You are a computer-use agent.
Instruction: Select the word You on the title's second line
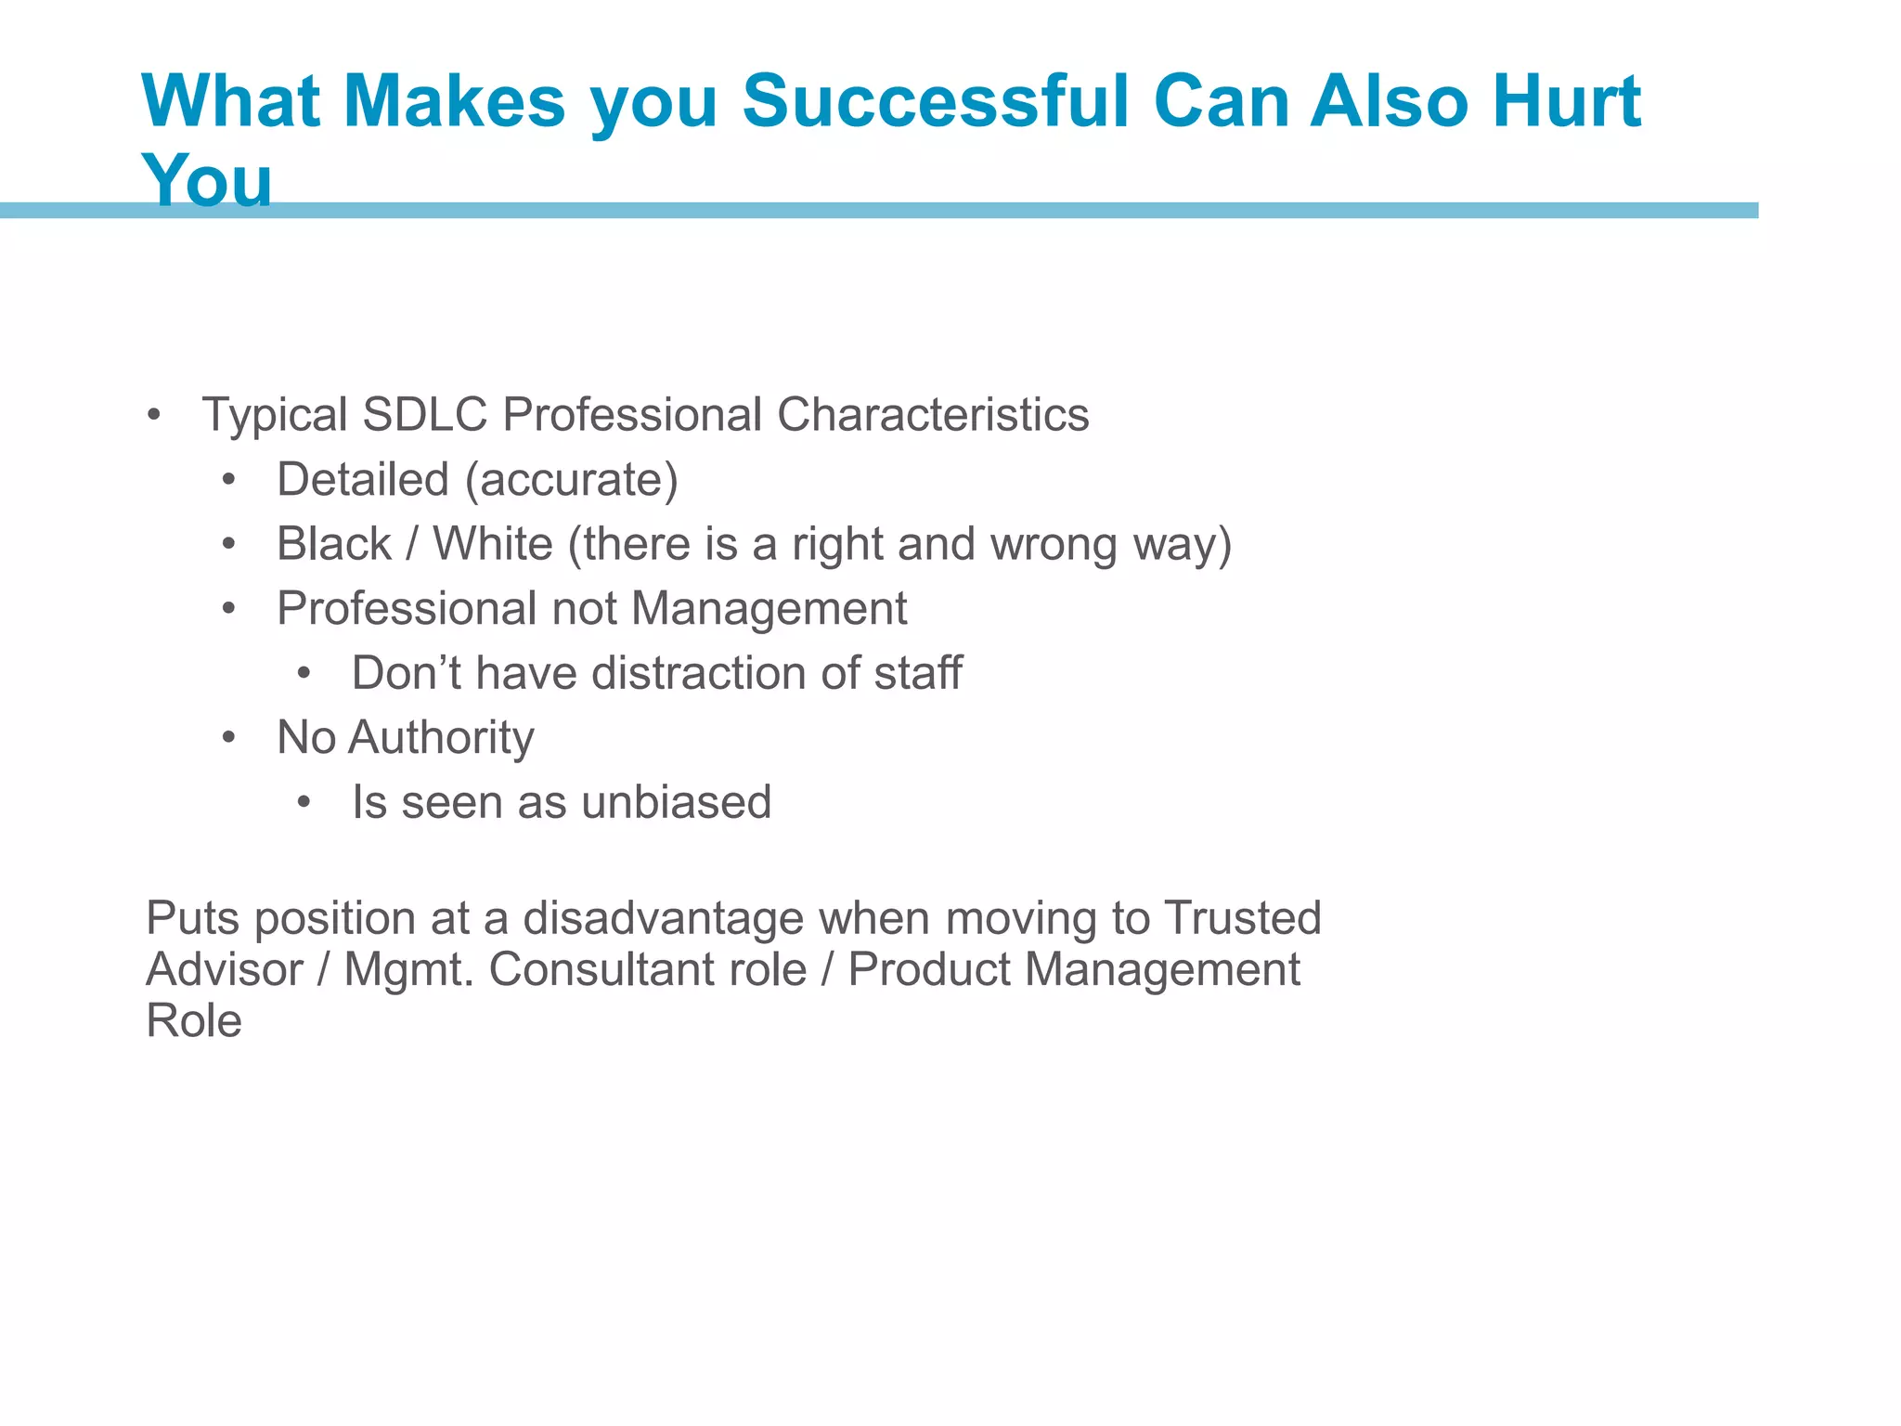click(x=207, y=180)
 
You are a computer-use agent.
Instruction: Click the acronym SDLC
click(x=424, y=414)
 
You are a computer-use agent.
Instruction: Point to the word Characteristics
click(x=933, y=414)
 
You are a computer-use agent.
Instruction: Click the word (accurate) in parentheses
click(x=572, y=480)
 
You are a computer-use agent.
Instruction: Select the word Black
click(x=334, y=544)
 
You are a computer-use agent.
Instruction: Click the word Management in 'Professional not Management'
click(x=769, y=609)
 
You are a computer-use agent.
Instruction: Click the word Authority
click(x=442, y=738)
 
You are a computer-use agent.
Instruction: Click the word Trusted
click(x=1243, y=918)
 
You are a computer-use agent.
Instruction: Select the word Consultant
click(x=648, y=969)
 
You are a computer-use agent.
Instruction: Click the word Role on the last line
click(x=194, y=1020)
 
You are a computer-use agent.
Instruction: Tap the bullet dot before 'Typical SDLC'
click(x=154, y=415)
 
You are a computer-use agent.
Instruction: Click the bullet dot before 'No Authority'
click(x=229, y=739)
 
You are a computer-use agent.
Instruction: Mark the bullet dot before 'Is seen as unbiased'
click(x=304, y=803)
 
